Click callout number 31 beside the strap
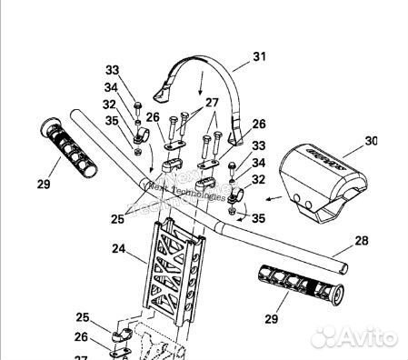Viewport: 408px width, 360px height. click(259, 56)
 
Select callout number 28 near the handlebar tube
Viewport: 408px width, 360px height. click(363, 241)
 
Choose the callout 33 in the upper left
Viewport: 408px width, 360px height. click(112, 70)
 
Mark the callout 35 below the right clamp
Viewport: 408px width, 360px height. click(257, 218)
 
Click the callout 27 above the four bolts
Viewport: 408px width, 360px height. click(212, 103)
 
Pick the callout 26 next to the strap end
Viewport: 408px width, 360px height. click(258, 124)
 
